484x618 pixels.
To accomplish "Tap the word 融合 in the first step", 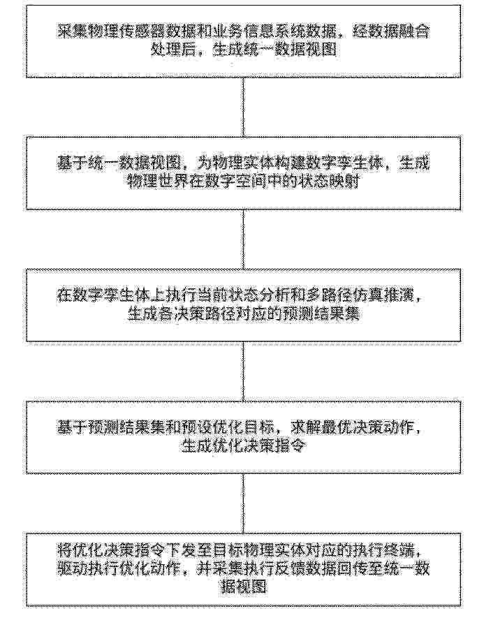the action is click(414, 31).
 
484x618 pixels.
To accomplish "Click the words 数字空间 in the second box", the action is click(235, 182).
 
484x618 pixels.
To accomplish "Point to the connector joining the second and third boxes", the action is click(243, 239).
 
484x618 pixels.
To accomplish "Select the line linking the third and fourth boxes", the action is click(243, 371).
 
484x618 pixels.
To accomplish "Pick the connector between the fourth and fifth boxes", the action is click(243, 503).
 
